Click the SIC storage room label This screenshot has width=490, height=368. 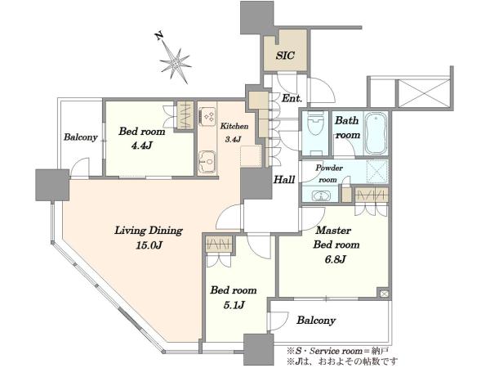point(285,56)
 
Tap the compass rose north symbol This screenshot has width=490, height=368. point(174,59)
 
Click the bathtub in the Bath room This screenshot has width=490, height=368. point(376,133)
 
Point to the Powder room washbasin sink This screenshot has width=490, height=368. point(321,196)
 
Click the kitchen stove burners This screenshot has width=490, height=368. point(208,116)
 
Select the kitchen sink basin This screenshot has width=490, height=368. point(207,161)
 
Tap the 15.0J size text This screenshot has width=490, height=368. point(149,245)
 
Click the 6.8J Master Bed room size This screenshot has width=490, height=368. point(336,259)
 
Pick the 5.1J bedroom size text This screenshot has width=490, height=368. point(234,305)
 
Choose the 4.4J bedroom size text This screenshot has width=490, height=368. point(141,146)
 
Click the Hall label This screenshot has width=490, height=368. point(284,180)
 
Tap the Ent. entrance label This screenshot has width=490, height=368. point(292,98)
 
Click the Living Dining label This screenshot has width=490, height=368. point(149,231)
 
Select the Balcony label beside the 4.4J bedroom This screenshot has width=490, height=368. point(81,137)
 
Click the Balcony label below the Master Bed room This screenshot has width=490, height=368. point(316,320)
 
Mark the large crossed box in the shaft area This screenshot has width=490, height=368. point(423,93)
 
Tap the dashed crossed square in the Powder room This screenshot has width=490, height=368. point(376,172)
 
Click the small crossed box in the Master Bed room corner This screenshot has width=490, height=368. point(384,294)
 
